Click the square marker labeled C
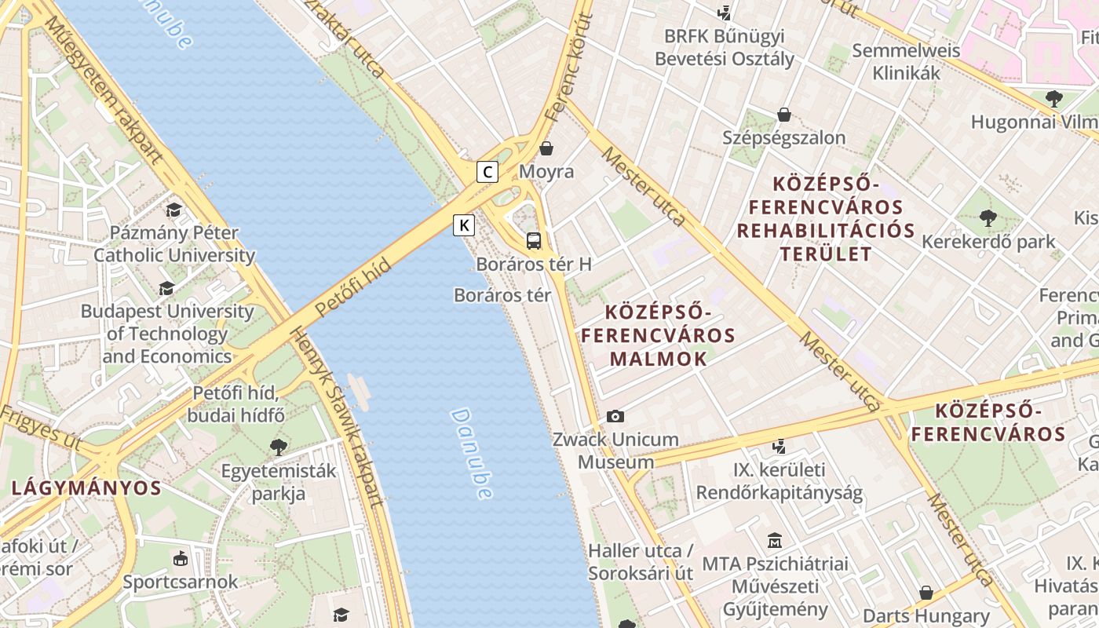(487, 171)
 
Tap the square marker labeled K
(465, 225)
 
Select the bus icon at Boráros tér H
(534, 240)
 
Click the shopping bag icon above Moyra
(546, 148)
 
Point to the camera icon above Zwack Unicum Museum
(615, 416)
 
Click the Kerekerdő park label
(988, 241)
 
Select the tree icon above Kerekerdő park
(988, 217)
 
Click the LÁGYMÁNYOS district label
(86, 487)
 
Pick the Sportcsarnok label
(180, 582)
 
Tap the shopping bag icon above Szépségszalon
(783, 115)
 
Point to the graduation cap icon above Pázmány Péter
(173, 210)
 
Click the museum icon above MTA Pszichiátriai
(775, 540)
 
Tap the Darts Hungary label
(926, 615)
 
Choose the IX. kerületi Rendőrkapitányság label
(779, 481)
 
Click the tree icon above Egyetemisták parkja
(278, 447)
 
